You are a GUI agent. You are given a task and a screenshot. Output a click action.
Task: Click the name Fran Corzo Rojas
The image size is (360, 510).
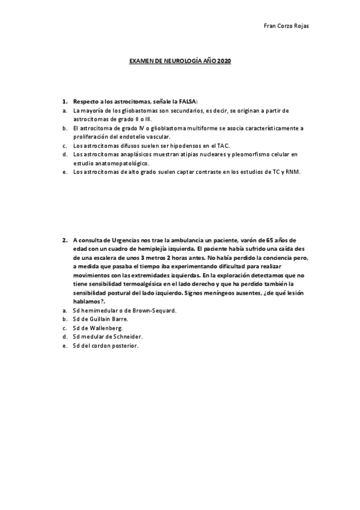[286, 26]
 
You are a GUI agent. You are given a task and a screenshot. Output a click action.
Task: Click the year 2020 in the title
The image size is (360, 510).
[224, 61]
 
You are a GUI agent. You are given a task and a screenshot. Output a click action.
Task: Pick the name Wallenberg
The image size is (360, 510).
[107, 328]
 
